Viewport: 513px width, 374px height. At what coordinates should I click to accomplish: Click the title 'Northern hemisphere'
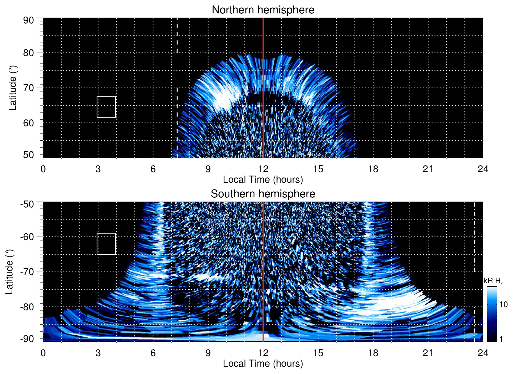coord(263,10)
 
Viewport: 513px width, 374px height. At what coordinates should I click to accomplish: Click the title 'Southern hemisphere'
coord(263,194)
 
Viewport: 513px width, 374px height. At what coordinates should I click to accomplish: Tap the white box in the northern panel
coord(106,107)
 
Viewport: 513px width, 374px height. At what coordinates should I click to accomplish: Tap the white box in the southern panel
coord(106,244)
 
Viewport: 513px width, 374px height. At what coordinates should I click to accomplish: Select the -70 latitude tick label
coord(27,272)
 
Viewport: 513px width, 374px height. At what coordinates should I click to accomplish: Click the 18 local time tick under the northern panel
coord(373,169)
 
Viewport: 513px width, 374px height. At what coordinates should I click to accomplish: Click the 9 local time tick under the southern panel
coord(208,353)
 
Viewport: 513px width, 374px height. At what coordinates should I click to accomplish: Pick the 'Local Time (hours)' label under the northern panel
coord(263,180)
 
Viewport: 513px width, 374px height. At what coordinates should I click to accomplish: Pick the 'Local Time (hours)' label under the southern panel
coord(263,363)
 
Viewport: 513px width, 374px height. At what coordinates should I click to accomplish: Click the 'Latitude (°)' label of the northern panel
coord(13,88)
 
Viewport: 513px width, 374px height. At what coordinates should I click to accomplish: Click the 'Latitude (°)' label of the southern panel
coord(9,272)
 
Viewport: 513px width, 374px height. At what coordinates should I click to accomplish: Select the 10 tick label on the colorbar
coord(503,304)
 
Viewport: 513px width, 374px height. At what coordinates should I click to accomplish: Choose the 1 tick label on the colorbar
coord(501,339)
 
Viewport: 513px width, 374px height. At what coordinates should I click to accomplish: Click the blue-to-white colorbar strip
coord(491,314)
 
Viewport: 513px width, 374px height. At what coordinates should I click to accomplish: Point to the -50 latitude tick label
coord(27,204)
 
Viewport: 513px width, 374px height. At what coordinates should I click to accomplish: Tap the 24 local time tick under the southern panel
coord(483,353)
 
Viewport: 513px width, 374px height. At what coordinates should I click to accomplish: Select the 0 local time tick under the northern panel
coord(43,169)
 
